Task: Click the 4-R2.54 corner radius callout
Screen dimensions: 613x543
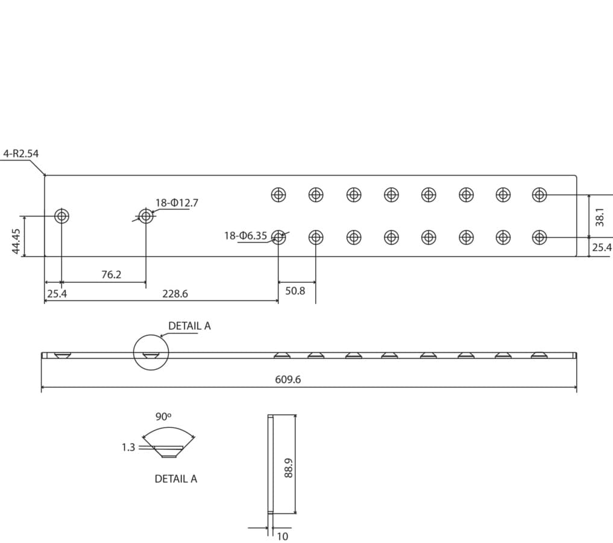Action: click(21, 153)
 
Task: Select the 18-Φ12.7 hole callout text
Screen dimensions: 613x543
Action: click(177, 203)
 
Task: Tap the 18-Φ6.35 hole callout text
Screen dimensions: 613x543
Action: click(245, 235)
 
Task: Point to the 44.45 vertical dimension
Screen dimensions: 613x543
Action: click(16, 241)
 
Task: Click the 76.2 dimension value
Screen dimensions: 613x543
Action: click(112, 275)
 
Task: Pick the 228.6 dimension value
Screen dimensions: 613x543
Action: click(175, 293)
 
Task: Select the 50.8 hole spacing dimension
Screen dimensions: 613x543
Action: click(295, 291)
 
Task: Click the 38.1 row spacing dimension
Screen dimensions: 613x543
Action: click(599, 217)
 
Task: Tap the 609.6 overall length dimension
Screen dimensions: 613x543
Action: click(288, 379)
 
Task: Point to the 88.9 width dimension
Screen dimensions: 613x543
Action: click(289, 468)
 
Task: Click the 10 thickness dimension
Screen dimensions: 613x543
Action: click(282, 536)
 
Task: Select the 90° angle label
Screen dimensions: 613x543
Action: click(163, 417)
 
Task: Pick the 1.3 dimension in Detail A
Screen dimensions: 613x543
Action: click(128, 447)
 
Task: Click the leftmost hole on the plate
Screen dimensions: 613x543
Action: click(61, 215)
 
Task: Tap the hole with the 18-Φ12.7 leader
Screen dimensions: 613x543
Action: click(146, 215)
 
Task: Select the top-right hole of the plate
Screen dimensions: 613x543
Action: click(539, 194)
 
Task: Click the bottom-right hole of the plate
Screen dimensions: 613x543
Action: click(539, 237)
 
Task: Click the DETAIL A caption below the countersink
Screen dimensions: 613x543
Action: click(176, 479)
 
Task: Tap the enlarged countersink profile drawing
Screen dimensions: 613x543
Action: click(169, 451)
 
